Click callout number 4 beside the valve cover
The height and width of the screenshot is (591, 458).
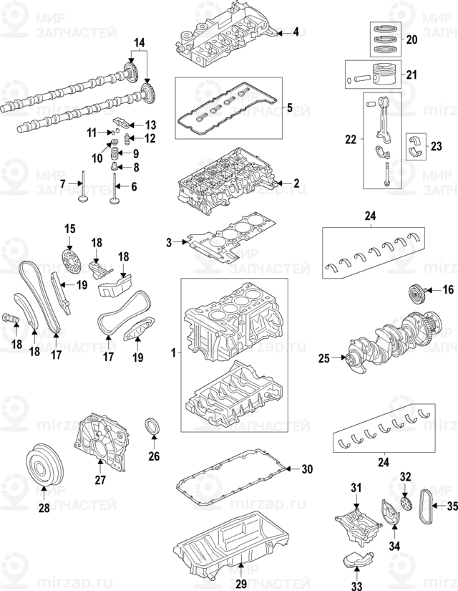click(x=296, y=32)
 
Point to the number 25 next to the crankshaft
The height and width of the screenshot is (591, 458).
click(x=323, y=357)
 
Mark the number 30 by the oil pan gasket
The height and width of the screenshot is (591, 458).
click(x=307, y=470)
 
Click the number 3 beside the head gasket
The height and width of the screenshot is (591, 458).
click(x=170, y=244)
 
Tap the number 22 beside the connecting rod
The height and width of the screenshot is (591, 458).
click(x=350, y=141)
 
